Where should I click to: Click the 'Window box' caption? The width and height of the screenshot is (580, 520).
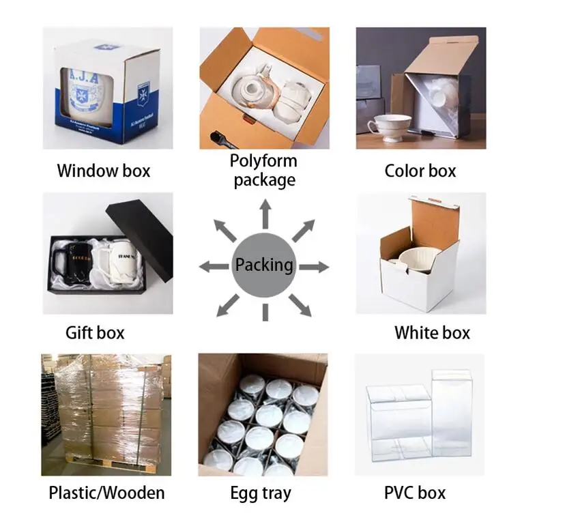pos(104,171)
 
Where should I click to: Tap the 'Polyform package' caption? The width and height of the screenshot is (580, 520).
pos(264,171)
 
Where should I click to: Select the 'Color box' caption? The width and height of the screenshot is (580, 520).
pos(420,171)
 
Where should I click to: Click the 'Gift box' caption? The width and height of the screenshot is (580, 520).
pos(95,333)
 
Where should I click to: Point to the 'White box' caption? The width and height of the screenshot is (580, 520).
pos(432,333)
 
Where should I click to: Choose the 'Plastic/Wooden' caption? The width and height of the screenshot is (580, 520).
pos(106,492)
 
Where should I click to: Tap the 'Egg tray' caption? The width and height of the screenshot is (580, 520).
pos(261,493)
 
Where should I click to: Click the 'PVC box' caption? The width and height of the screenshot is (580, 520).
pos(415,492)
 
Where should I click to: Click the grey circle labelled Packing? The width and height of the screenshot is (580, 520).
pos(264,265)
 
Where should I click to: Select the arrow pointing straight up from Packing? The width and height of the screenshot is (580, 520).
pos(264,215)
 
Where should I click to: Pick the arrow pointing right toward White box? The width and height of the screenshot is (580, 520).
pos(314,267)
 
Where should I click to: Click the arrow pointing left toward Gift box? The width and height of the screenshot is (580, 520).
pos(214,267)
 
